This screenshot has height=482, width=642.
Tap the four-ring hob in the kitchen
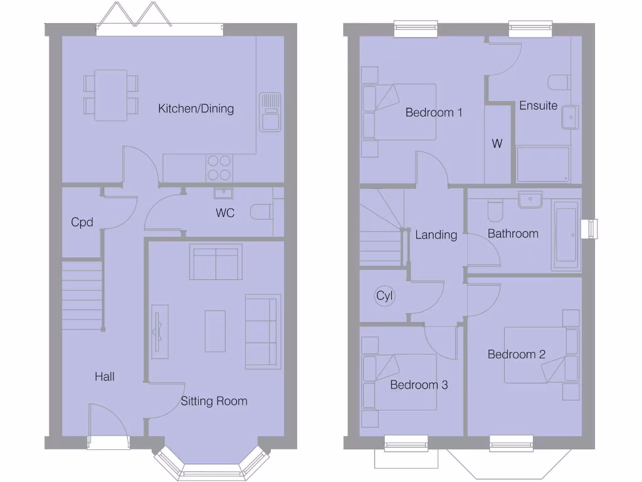pyautogui.click(x=219, y=168)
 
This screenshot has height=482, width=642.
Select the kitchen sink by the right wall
pyautogui.click(x=270, y=112)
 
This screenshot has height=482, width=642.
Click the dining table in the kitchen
pyautogui.click(x=111, y=95)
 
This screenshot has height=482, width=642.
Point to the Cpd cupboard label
pyautogui.click(x=82, y=222)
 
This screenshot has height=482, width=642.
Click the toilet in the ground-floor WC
pyautogui.click(x=261, y=212)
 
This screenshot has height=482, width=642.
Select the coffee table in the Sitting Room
pyautogui.click(x=214, y=331)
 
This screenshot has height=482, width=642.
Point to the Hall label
pyautogui.click(x=105, y=377)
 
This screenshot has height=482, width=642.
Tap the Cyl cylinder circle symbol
pyautogui.click(x=384, y=296)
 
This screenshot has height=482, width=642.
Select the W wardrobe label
pyautogui.click(x=497, y=144)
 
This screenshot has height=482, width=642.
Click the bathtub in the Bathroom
pyautogui.click(x=566, y=235)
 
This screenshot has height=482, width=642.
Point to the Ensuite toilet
pyautogui.click(x=557, y=83)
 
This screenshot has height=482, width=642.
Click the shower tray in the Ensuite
pyautogui.click(x=543, y=164)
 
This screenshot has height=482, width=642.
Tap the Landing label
pyautogui.click(x=436, y=235)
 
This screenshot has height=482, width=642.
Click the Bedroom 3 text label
pyautogui.click(x=419, y=385)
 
